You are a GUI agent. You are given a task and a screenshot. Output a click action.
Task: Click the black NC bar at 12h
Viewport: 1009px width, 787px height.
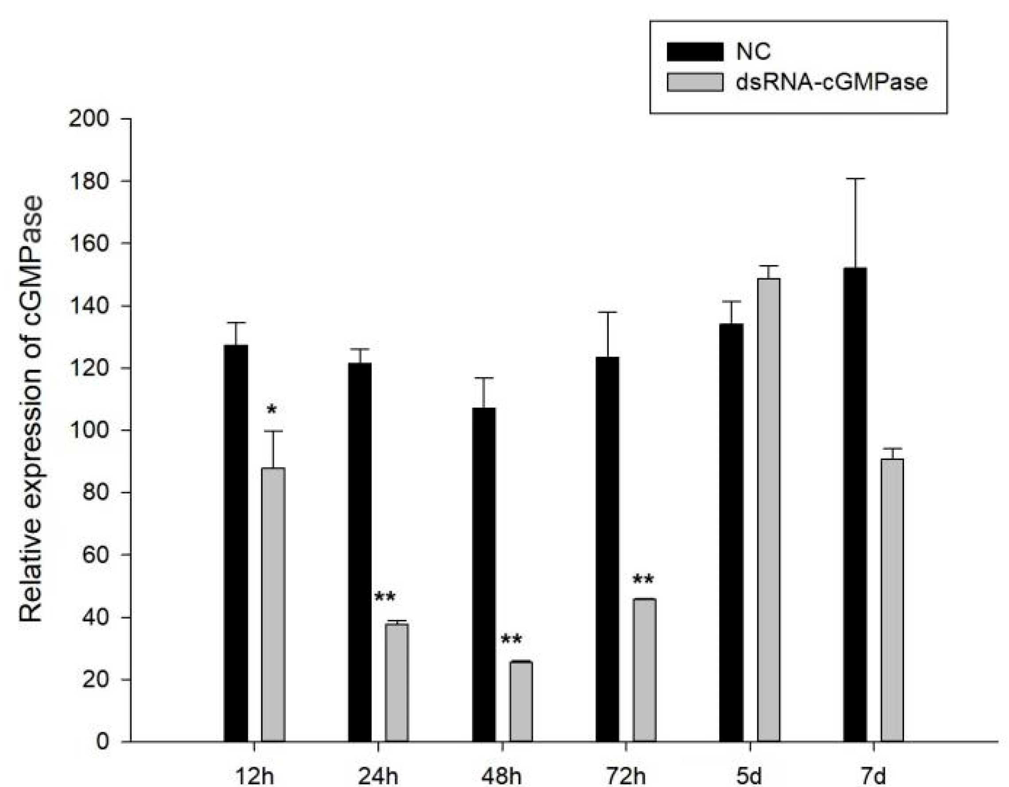[236, 543]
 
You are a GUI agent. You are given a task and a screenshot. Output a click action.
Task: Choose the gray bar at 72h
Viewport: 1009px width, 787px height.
[644, 670]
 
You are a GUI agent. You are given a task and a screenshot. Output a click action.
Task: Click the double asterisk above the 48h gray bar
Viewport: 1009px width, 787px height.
[512, 640]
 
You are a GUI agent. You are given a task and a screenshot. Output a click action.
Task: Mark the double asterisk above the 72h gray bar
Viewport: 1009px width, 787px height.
[643, 580]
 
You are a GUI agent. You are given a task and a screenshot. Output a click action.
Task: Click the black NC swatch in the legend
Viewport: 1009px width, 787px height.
[695, 52]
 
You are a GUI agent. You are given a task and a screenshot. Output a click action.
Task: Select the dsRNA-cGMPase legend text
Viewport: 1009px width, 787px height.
[831, 82]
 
